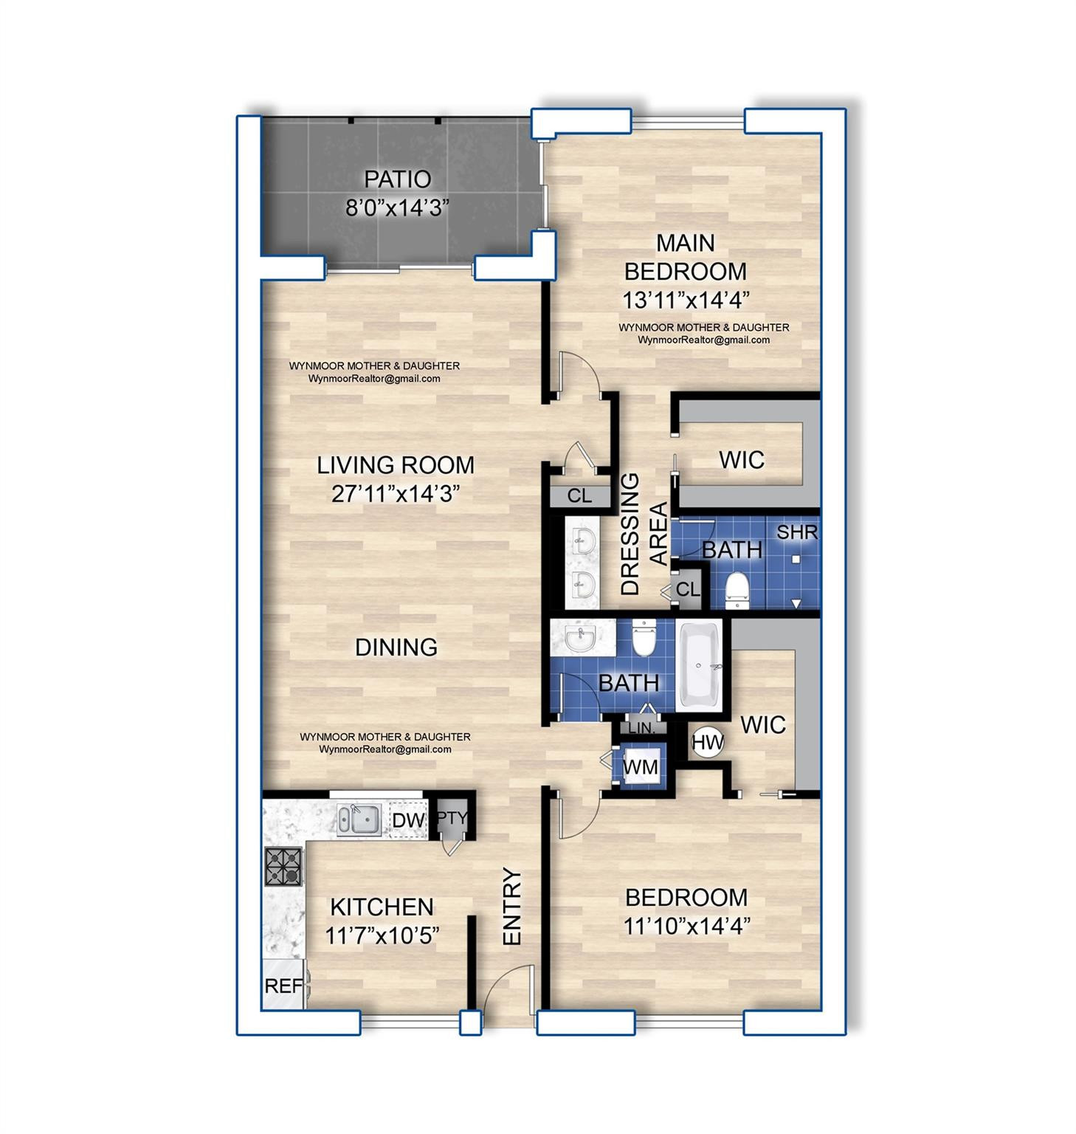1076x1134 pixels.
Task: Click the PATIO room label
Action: [x=397, y=179]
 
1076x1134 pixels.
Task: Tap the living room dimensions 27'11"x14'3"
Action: [x=396, y=494]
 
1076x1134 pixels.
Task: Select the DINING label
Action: [x=396, y=647]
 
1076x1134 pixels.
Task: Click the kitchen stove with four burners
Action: [x=284, y=867]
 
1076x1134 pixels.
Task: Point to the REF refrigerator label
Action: [x=283, y=986]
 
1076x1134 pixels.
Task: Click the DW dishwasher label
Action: [x=408, y=820]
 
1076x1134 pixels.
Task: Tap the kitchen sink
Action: [x=359, y=819]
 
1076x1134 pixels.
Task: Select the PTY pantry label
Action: [x=452, y=818]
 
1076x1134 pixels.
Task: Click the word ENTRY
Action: [x=512, y=906]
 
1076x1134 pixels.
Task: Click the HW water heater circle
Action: [x=708, y=743]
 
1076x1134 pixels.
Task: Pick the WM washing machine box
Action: [x=640, y=767]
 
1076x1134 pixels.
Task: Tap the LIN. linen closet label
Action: [x=641, y=728]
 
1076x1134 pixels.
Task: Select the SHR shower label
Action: [x=796, y=532]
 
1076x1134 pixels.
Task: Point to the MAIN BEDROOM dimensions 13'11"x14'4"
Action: [x=686, y=300]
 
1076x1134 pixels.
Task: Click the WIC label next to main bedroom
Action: [x=742, y=460]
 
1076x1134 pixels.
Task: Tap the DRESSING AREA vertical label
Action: [x=643, y=534]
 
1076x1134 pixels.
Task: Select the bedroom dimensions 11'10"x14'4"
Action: [x=686, y=926]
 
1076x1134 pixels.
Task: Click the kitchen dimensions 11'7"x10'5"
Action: [x=382, y=936]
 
